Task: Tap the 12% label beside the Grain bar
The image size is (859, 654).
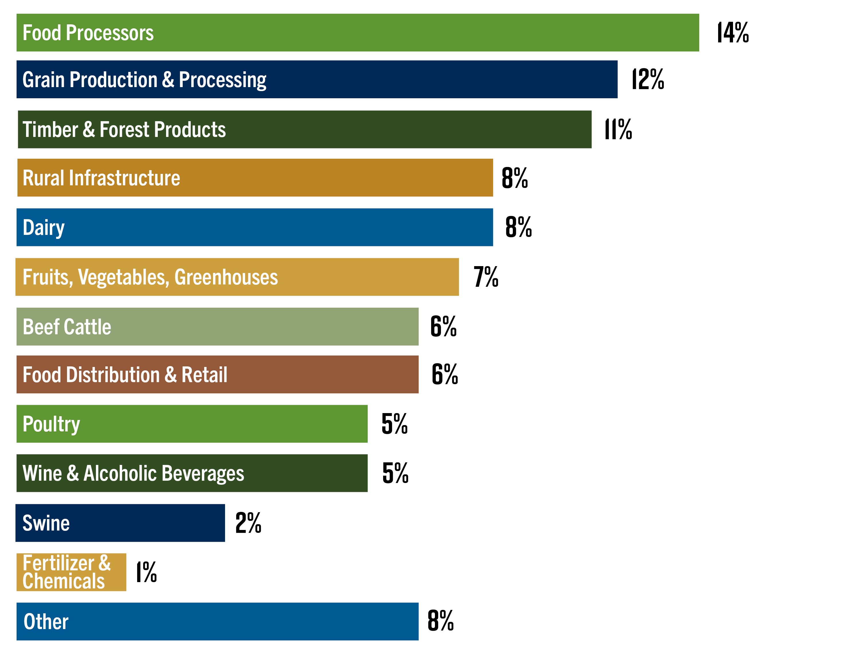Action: coord(647,79)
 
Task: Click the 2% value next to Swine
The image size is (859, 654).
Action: coord(248,523)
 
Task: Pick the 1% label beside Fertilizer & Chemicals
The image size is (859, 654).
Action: coord(146,572)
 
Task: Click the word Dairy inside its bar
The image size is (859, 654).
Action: coord(44,228)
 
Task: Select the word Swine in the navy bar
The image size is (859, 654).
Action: coord(46,523)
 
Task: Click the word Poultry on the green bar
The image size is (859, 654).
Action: coord(51,424)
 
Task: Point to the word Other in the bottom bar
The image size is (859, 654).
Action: coord(46,622)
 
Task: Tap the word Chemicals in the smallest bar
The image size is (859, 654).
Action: coord(63,581)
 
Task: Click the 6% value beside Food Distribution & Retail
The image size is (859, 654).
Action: coord(445,374)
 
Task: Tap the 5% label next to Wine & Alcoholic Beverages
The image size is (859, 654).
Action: coord(395,473)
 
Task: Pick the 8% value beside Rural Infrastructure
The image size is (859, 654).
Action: coord(514,178)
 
